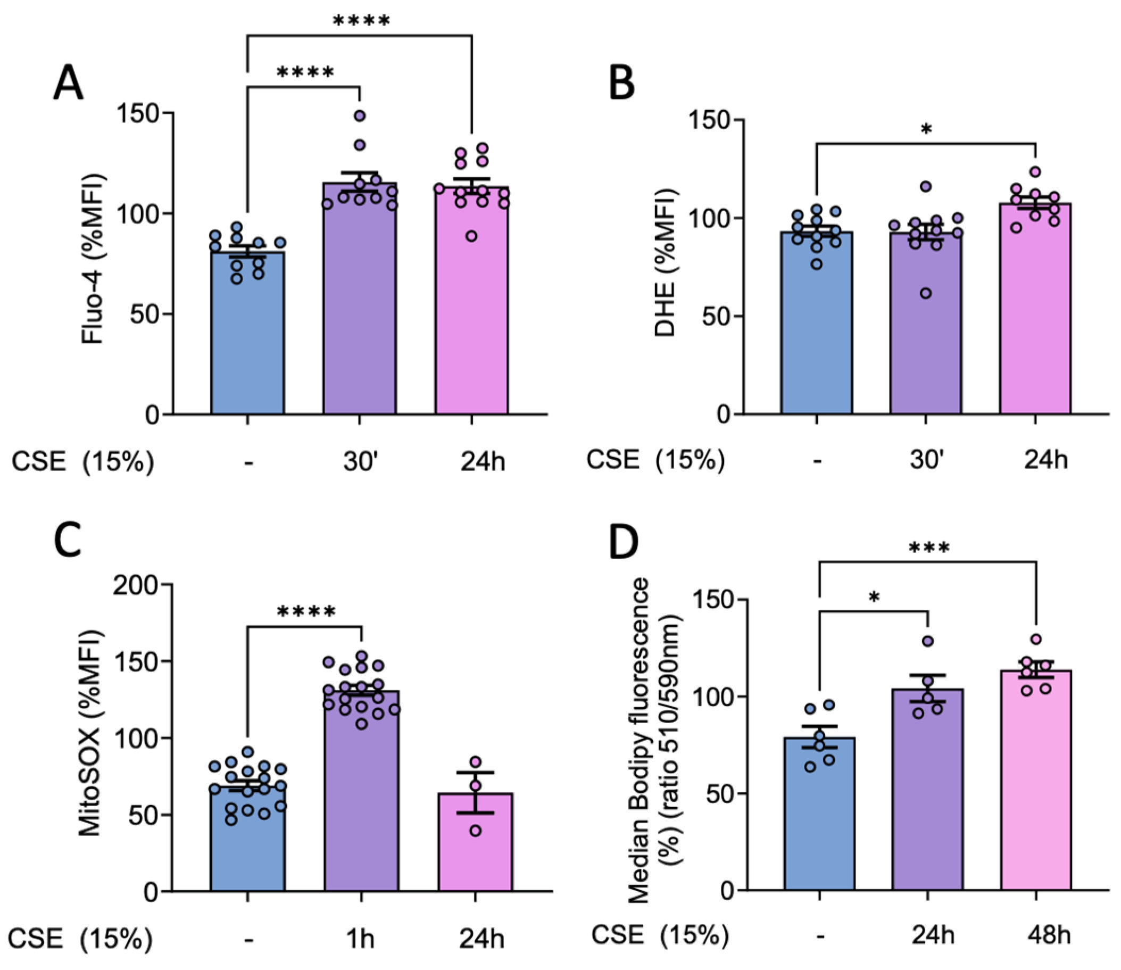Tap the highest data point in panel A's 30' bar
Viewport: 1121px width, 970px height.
[x=360, y=115]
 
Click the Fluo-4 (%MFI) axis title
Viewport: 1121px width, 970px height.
[x=93, y=259]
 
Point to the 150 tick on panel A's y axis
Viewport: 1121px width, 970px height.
[x=142, y=113]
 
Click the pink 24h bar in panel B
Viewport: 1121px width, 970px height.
[x=1035, y=314]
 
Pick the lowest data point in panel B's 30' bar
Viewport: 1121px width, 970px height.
[x=926, y=293]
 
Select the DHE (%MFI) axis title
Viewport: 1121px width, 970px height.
[x=665, y=262]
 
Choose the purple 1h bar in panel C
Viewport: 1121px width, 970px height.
[x=361, y=795]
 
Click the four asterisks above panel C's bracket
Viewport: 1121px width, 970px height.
[x=306, y=612]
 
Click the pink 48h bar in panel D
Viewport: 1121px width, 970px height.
[x=1035, y=785]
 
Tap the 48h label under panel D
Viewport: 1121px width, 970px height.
[x=1049, y=935]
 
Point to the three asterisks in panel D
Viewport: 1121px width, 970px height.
[x=929, y=549]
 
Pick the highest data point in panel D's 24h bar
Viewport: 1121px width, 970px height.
[x=928, y=641]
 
